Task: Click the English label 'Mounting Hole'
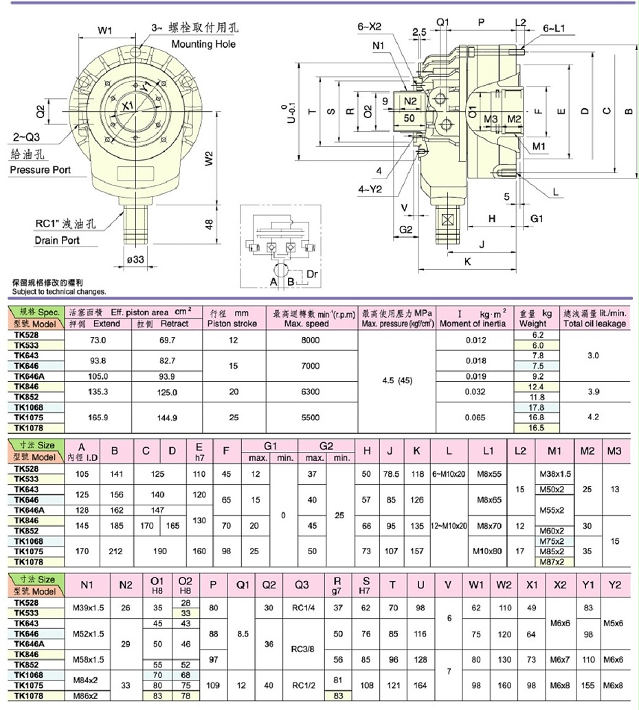pyautogui.click(x=203, y=44)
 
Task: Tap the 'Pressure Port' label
pyautogui.click(x=40, y=170)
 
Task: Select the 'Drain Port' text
pyautogui.click(x=57, y=240)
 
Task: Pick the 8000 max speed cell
pyautogui.click(x=311, y=340)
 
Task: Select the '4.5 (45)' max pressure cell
pyautogui.click(x=396, y=380)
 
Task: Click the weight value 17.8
pyautogui.click(x=537, y=406)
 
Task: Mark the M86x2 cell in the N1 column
pyautogui.click(x=87, y=695)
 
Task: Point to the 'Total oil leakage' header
pyautogui.click(x=594, y=323)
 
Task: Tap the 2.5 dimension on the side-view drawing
pyautogui.click(x=419, y=32)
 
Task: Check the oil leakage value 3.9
pyautogui.click(x=594, y=391)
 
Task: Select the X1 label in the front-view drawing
pyautogui.click(x=126, y=106)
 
